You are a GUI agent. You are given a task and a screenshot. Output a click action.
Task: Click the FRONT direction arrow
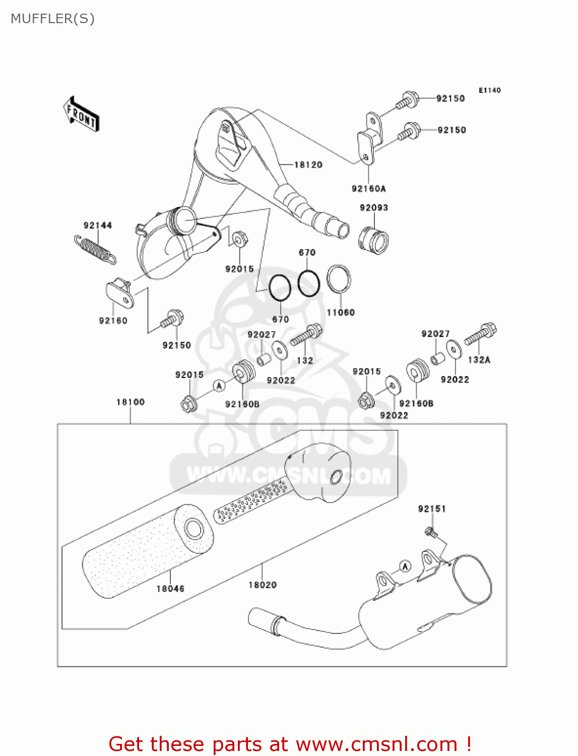(x=81, y=114)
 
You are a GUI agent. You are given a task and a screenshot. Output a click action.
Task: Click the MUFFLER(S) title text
(x=52, y=19)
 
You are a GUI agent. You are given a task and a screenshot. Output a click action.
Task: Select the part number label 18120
(x=308, y=165)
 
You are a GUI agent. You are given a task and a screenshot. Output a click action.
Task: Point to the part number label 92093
(x=374, y=208)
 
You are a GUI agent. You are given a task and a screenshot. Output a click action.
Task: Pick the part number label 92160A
(x=368, y=188)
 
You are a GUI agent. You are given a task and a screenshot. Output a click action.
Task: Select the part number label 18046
(x=170, y=589)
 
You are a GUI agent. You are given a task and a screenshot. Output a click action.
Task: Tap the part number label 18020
(x=263, y=585)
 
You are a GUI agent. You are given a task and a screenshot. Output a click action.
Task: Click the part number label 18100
(x=131, y=402)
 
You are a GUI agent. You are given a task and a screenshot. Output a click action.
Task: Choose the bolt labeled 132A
(x=481, y=334)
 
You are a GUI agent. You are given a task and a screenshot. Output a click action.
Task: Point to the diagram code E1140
(x=489, y=90)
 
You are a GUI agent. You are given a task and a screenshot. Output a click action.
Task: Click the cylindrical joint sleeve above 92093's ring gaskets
(x=373, y=239)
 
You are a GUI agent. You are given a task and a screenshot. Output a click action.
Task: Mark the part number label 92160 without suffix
(x=113, y=321)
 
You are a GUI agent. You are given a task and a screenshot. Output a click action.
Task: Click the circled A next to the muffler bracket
(x=405, y=566)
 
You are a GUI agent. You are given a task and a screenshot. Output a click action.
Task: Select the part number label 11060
(x=341, y=312)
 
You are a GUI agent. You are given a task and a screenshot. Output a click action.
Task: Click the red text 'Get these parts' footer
(x=290, y=744)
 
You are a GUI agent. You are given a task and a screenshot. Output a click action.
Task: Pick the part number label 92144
(x=98, y=225)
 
